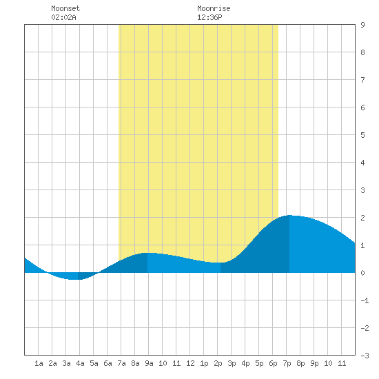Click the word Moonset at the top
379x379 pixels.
pyautogui.click(x=65, y=8)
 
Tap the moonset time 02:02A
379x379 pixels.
pyautogui.click(x=63, y=17)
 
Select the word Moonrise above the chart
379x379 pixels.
pyautogui.click(x=214, y=8)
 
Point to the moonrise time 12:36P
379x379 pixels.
pyautogui.click(x=209, y=17)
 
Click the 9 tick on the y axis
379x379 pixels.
pyautogui.click(x=362, y=25)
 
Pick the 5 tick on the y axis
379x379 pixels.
pyautogui.click(x=362, y=135)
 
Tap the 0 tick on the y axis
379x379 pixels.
pyautogui.click(x=362, y=273)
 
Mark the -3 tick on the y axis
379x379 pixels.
pyautogui.click(x=365, y=356)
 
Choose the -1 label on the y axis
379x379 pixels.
pyautogui.click(x=365, y=300)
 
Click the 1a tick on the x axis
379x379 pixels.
pyautogui.click(x=39, y=363)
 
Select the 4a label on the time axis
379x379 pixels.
pyautogui.click(x=80, y=363)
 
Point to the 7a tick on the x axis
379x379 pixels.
pyautogui.click(x=121, y=363)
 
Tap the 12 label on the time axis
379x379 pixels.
pyautogui.click(x=190, y=363)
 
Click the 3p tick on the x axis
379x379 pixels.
pyautogui.click(x=232, y=363)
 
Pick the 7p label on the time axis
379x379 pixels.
pyautogui.click(x=287, y=363)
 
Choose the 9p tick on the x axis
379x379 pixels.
pyautogui.click(x=314, y=363)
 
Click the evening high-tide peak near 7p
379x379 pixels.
pyautogui.click(x=289, y=215)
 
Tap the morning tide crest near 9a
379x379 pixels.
pyautogui.click(x=147, y=253)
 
